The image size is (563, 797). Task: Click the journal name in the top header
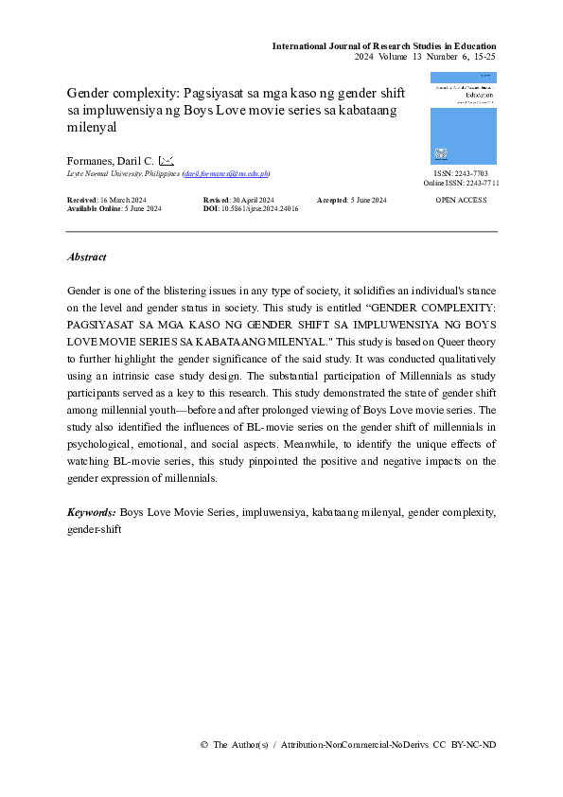pos(384,46)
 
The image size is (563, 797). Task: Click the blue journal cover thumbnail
pos(463,119)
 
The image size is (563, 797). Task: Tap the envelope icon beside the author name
pos(166,162)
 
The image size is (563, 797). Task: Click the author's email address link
pos(226,175)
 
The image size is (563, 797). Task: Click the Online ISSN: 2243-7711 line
pos(461,184)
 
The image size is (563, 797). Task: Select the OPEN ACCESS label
pos(461,201)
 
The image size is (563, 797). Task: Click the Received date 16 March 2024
pos(107,201)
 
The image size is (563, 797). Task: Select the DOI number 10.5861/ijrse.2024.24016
pos(259,209)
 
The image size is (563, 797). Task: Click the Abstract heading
pos(87,257)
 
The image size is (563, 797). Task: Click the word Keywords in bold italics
pos(92,512)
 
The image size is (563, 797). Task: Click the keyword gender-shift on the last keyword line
pos(95,528)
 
